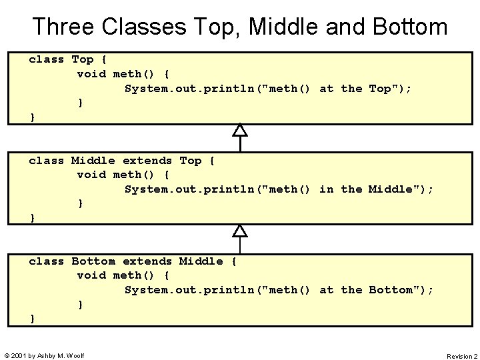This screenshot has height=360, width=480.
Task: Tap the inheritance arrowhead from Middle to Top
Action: (240, 129)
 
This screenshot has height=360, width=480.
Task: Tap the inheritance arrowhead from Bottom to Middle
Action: (240, 231)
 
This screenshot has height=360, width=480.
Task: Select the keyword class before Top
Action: (47, 59)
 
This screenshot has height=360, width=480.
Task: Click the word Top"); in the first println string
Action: (390, 88)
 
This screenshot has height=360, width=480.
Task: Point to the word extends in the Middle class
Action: (147, 161)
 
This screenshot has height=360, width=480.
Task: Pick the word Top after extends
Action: (191, 161)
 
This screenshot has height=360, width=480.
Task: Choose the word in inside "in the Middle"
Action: (327, 189)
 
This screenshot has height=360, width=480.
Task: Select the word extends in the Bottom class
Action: (147, 261)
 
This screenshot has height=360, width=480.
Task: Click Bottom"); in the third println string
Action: (401, 290)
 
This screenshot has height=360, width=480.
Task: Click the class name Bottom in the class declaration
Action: (93, 261)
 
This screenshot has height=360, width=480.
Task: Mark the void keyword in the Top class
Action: (91, 74)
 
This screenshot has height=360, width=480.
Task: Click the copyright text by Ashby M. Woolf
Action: (44, 355)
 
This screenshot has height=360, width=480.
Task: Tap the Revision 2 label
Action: (461, 356)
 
